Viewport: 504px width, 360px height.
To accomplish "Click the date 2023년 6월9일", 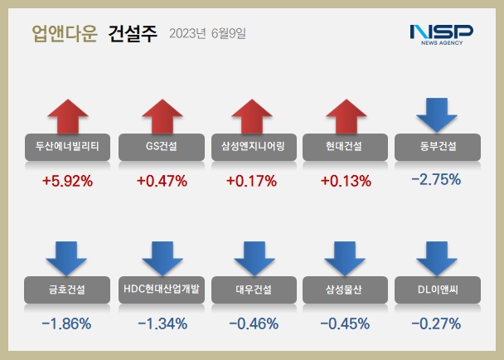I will (x=206, y=34).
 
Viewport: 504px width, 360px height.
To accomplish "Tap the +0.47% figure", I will (x=161, y=180).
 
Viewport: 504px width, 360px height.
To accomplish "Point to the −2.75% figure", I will (x=435, y=178).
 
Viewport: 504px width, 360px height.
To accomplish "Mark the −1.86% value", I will (x=66, y=323).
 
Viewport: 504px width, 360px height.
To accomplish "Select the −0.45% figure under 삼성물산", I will (x=343, y=323).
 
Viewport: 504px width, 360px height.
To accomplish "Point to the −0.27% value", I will (x=435, y=323).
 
